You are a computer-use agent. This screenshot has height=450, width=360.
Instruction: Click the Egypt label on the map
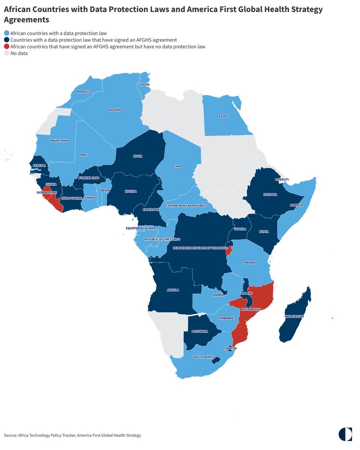coord(223,116)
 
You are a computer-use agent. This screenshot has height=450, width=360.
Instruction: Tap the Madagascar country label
coord(294,316)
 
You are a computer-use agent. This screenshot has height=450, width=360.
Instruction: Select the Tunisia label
coord(144,85)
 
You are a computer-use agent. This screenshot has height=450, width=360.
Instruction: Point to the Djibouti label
coord(282,180)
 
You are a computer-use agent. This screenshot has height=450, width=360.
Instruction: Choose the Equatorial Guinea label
coord(140,228)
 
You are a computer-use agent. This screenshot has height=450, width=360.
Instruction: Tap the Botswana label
coord(199,331)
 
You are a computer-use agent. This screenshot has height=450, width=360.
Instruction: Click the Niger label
coord(138,156)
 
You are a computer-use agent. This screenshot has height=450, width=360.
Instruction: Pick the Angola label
coord(173,290)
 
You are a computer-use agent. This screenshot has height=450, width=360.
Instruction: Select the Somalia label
coord(296,205)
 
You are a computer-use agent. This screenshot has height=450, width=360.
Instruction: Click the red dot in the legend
coord(7,47)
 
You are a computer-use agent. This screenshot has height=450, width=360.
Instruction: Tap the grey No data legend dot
coord(7,54)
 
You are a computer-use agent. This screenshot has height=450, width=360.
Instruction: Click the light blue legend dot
coord(7,33)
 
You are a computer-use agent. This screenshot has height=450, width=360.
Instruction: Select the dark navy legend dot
coord(7,40)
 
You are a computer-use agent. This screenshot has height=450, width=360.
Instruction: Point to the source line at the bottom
coord(73,435)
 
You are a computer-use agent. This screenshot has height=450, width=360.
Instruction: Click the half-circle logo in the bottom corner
coord(345,434)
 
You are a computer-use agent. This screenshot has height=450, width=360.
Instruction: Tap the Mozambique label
coord(250,309)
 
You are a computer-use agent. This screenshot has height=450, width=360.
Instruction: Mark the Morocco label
coord(84,91)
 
